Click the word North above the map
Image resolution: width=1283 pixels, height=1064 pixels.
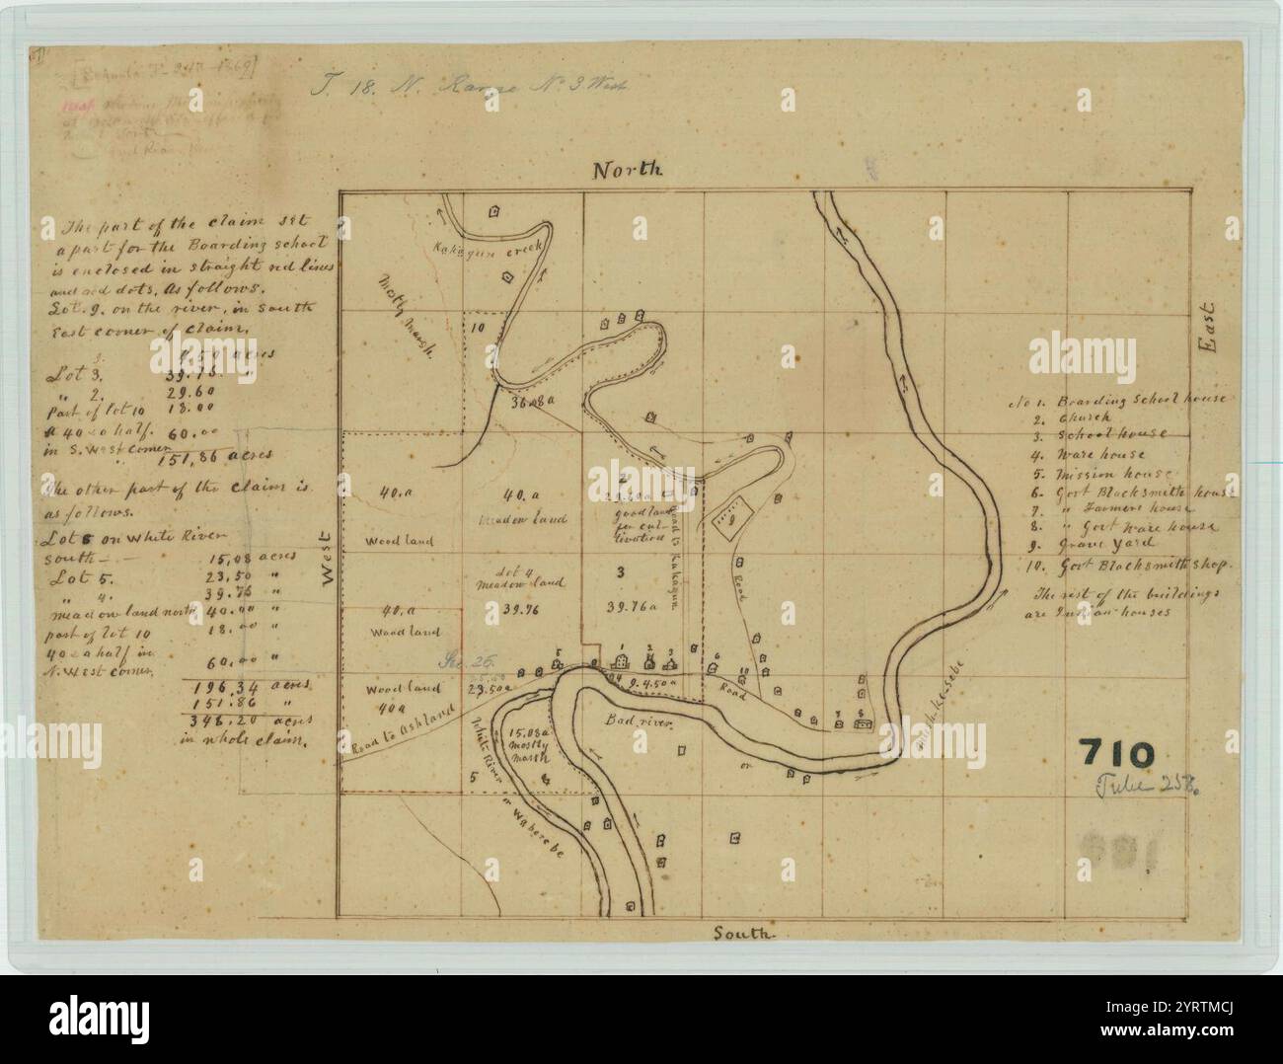coord(628,170)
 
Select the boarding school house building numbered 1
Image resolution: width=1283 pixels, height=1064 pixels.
coord(623,658)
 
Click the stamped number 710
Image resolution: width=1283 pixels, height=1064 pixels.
coord(1115,754)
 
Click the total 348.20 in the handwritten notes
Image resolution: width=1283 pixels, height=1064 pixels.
coord(233,722)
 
